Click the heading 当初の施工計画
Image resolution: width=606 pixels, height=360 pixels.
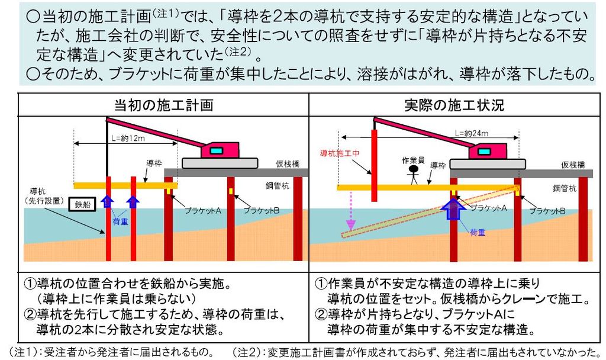[x=163, y=105]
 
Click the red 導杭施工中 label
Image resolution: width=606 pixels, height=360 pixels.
[x=340, y=153]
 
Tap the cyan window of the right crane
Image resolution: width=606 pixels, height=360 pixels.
[x=483, y=152]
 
